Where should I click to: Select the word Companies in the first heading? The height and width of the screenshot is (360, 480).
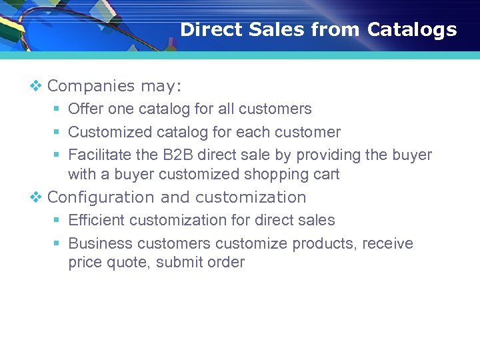[91, 86]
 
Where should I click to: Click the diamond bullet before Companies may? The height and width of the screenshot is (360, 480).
[36, 86]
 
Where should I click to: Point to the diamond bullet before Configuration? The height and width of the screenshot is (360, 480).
[36, 197]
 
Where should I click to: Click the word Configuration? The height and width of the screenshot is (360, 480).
[101, 197]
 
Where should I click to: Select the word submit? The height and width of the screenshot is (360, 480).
[177, 263]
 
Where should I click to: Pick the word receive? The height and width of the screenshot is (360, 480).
[387, 243]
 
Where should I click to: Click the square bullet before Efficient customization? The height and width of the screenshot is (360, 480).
[57, 221]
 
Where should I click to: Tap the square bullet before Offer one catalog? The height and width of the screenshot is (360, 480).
[57, 109]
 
